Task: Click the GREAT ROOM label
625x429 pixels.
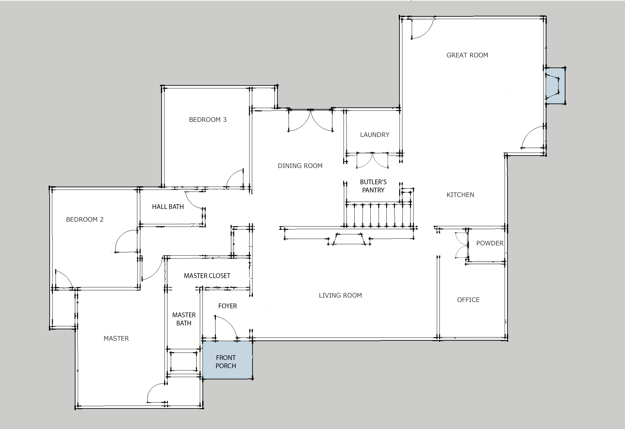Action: (467, 55)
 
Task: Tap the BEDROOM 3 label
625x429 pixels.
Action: (208, 120)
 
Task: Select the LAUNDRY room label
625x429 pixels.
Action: (375, 135)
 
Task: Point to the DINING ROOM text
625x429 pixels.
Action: (300, 166)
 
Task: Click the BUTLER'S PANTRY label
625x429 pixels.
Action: (373, 186)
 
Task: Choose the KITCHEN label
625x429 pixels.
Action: (460, 195)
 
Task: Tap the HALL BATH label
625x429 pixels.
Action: (168, 207)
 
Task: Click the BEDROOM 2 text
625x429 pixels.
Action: (85, 219)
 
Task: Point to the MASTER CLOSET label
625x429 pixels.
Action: (207, 276)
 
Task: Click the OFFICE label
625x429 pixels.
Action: (468, 300)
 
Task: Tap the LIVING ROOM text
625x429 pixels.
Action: (340, 295)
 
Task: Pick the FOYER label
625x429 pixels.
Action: (228, 306)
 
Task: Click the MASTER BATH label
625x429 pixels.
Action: (184, 319)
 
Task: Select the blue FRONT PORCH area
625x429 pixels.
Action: (227, 360)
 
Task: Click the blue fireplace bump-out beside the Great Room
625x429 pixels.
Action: (555, 86)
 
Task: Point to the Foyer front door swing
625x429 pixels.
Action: (226, 327)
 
